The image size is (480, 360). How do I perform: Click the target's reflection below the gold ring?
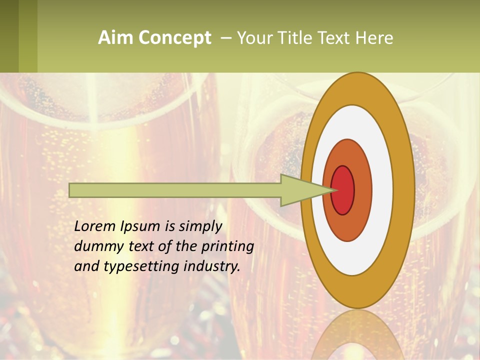(x=357, y=335)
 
